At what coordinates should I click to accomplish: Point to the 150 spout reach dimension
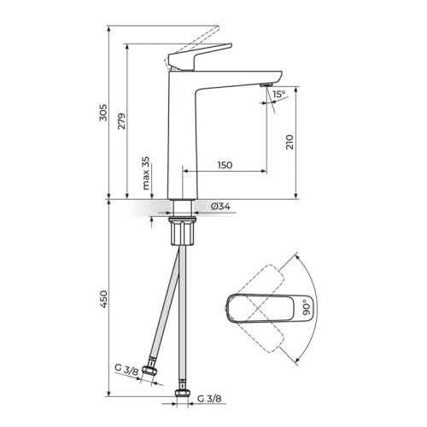tap(225, 164)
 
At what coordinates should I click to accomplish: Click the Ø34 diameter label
tap(219, 207)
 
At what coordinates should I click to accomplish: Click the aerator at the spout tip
tap(262, 88)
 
